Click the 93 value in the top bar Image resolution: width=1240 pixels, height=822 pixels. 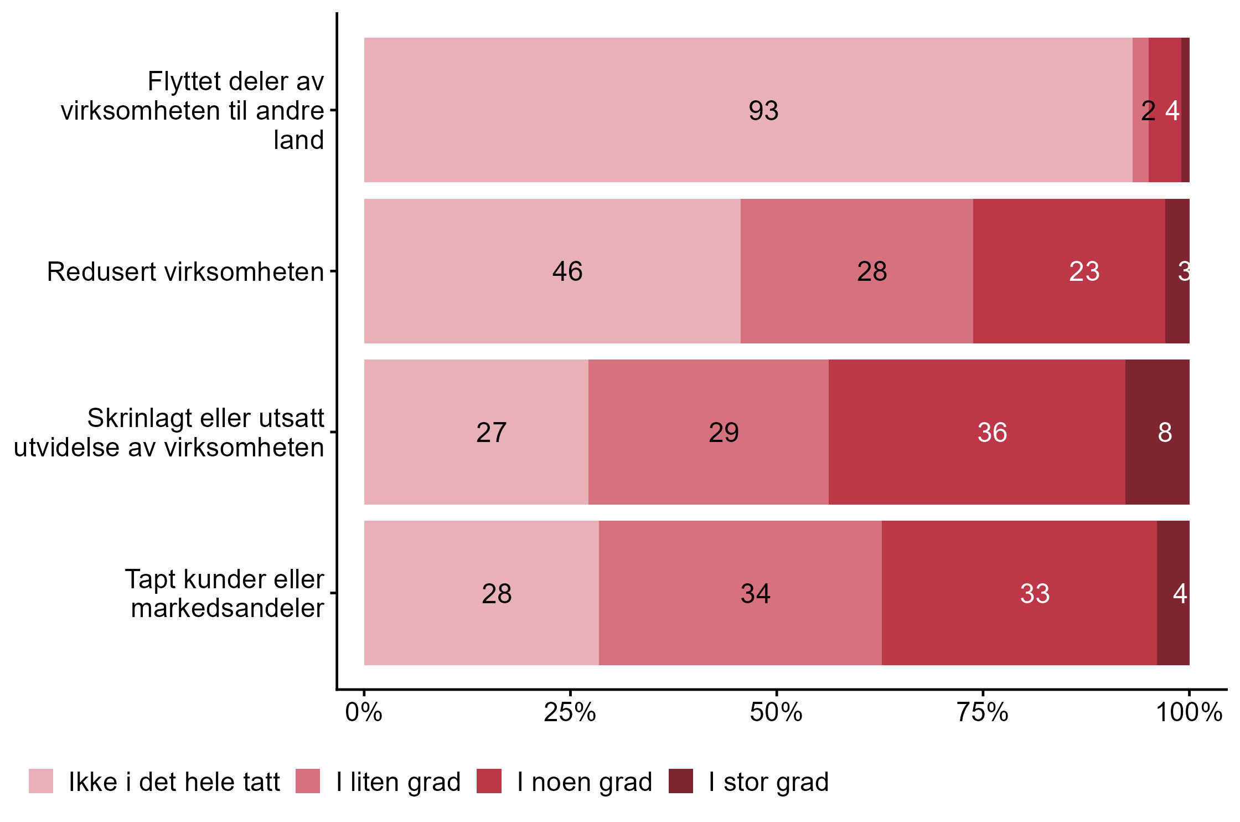pos(763,111)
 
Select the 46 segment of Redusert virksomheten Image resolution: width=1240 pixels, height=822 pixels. pos(567,271)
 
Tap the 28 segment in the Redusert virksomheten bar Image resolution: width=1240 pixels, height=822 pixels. pos(872,271)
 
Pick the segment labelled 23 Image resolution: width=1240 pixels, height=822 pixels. pos(1084,271)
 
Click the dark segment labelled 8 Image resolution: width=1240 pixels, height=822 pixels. pos(1164,433)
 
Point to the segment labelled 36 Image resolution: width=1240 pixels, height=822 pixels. pos(992,433)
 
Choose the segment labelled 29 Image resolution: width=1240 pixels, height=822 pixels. pos(724,433)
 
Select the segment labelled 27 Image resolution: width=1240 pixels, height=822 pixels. pos(491,433)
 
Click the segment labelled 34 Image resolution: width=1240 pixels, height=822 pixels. pos(755,594)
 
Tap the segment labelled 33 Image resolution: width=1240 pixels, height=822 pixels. pos(1035,594)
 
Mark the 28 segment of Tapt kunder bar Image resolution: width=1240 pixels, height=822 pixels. pos(497,594)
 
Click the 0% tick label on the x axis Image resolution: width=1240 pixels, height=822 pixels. pos(364,712)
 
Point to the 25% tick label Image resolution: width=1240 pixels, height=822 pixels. pos(570,712)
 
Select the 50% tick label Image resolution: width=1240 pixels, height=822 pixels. pos(776,712)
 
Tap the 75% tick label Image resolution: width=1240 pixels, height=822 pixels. pos(983,712)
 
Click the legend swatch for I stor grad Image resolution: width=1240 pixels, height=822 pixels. pos(680,781)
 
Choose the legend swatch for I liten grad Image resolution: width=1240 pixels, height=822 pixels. pos(308,781)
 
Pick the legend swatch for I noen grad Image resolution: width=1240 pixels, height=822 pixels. pos(489,781)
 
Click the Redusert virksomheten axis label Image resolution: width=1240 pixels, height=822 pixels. pos(185,272)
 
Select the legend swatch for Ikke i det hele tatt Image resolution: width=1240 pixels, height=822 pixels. pos(41,781)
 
